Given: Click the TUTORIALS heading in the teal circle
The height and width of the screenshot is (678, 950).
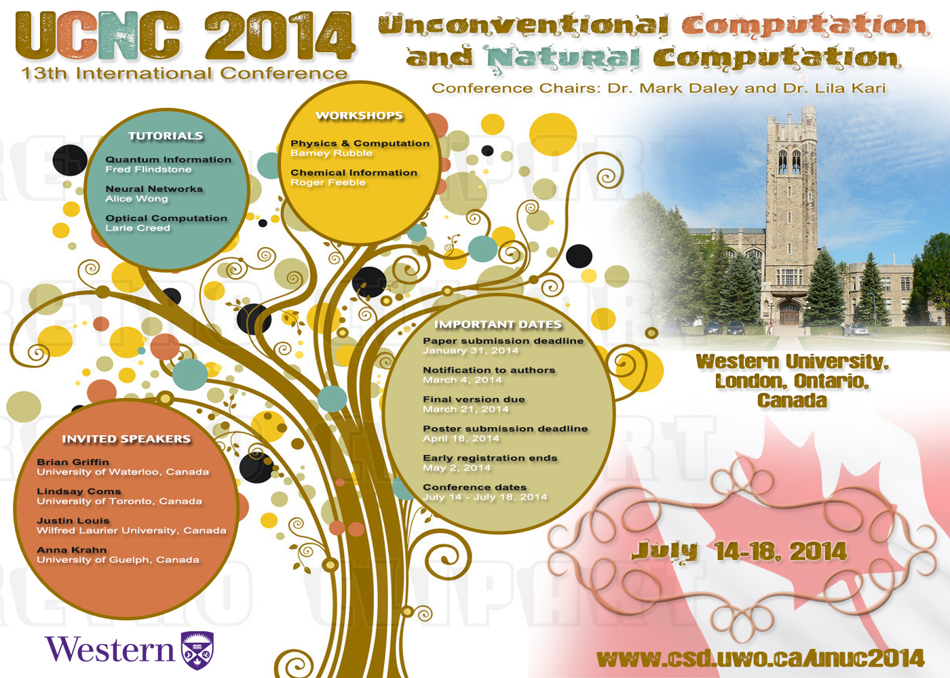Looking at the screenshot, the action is tap(166, 136).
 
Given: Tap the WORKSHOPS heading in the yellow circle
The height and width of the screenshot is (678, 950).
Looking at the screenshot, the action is tap(359, 116).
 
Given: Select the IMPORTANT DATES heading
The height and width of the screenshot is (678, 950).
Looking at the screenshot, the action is tap(498, 325).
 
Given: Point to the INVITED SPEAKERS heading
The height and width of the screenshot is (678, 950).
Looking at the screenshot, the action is tap(126, 439).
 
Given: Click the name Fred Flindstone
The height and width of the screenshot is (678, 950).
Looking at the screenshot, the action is tap(149, 169).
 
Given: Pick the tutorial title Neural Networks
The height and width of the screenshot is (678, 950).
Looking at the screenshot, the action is tap(154, 189).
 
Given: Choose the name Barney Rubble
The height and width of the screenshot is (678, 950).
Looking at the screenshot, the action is tap(331, 153).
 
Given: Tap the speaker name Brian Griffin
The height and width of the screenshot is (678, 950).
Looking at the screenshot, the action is tap(73, 462).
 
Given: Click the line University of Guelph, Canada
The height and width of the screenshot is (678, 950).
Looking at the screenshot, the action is tap(118, 560).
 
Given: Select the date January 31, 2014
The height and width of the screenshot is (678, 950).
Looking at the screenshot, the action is tap(470, 351).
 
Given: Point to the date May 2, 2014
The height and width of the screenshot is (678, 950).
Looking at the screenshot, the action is tap(457, 468).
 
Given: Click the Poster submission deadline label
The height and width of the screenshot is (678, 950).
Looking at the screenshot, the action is tap(505, 428).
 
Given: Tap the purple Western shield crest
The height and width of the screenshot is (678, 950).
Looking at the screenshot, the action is tap(197, 650).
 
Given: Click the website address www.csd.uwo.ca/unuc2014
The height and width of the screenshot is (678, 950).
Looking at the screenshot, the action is tap(760, 658).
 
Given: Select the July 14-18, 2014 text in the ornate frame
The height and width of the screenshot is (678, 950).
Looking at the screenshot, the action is tap(739, 552).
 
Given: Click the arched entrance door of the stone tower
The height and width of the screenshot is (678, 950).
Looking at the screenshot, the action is tap(789, 314).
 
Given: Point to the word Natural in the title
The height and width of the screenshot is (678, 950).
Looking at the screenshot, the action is tap(561, 58).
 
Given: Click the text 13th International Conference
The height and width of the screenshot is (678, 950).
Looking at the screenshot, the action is tap(185, 73).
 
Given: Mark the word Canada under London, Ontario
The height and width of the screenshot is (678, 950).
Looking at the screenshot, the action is tap(792, 401).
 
